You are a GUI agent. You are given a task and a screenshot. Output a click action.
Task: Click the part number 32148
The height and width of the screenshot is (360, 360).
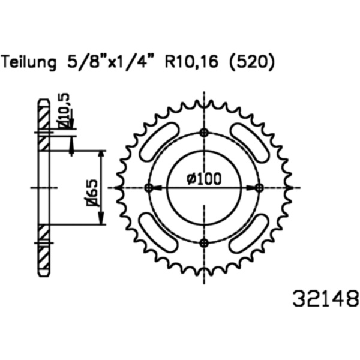pyautogui.click(x=325, y=298)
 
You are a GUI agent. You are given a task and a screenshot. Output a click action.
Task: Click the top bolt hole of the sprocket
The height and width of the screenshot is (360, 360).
pyautogui.click(x=204, y=133)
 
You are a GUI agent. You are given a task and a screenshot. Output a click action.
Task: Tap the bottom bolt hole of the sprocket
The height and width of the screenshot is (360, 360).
pyautogui.click(x=204, y=242)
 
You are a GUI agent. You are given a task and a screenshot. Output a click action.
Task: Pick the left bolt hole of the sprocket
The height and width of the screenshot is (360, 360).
pyautogui.click(x=149, y=188)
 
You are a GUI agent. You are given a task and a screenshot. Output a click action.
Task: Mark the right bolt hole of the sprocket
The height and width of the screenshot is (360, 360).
pyautogui.click(x=259, y=188)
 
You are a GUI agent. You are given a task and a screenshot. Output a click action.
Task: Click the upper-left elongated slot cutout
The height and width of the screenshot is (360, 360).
pyautogui.click(x=160, y=142)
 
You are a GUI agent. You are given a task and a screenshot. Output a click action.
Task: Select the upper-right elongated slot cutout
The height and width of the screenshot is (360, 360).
pyautogui.click(x=249, y=143)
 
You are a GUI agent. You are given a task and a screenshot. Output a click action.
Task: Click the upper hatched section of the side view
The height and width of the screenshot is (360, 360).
pyautogui.click(x=43, y=124)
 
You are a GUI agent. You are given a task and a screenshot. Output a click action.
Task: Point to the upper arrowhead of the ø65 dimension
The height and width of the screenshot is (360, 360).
pyautogui.click(x=101, y=155)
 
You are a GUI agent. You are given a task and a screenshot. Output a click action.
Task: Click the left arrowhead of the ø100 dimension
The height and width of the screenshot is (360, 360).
pyautogui.click(x=157, y=188)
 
